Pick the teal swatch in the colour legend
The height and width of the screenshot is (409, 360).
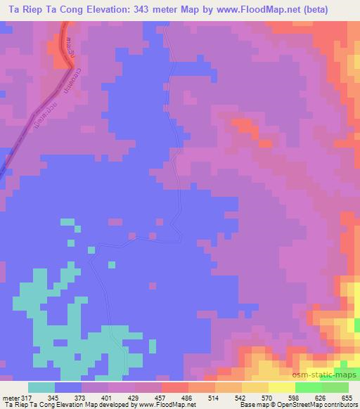click(x=41, y=387)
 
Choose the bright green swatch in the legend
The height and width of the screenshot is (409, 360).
click(x=309, y=387)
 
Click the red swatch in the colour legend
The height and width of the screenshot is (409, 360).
click(x=175, y=387)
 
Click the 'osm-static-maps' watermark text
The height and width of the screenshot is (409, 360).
click(x=328, y=377)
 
